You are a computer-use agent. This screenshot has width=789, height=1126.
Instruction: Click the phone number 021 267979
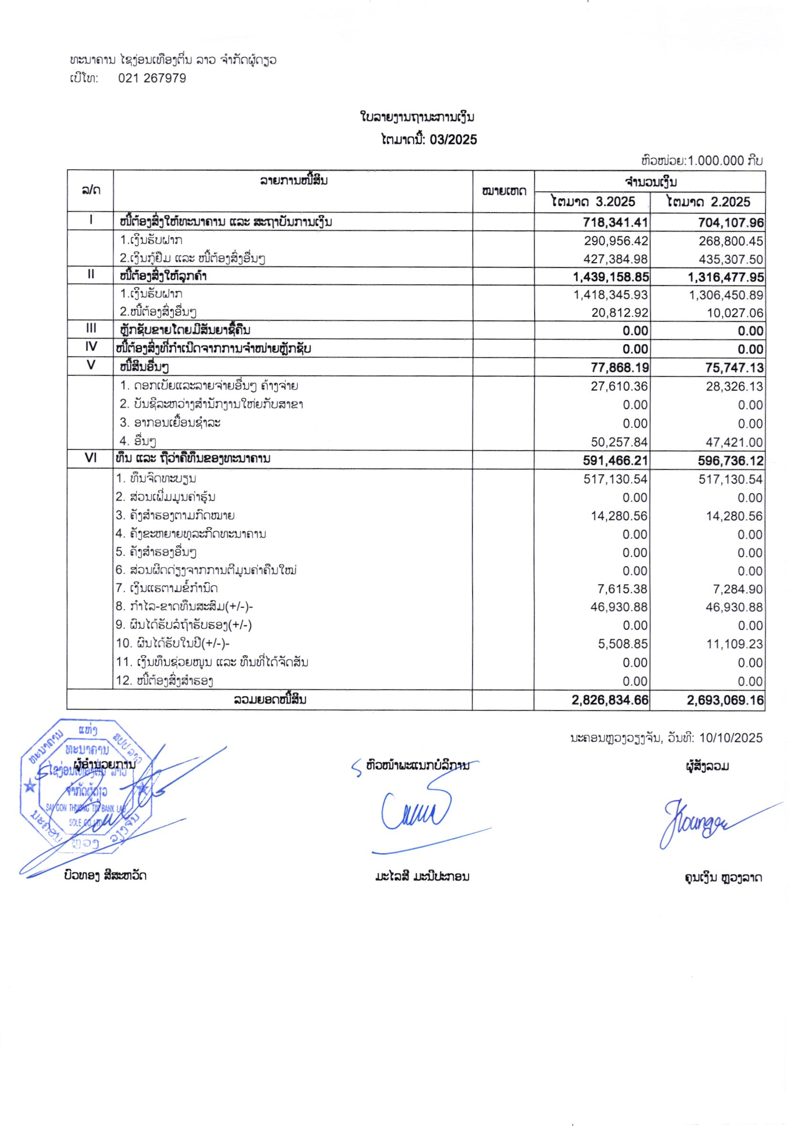(152, 78)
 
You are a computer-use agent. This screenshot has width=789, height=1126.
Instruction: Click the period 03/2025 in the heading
(453, 140)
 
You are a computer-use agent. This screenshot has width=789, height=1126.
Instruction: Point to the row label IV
(90, 347)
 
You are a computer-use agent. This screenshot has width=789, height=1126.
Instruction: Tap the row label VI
(90, 458)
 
